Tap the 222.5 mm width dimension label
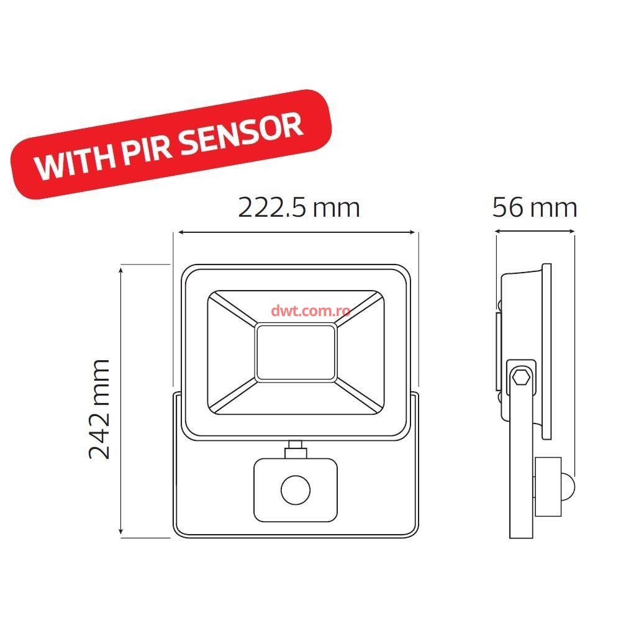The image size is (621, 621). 299,207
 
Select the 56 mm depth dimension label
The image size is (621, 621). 535,207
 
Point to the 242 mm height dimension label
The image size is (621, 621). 99,408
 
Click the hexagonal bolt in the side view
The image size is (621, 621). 520,376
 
